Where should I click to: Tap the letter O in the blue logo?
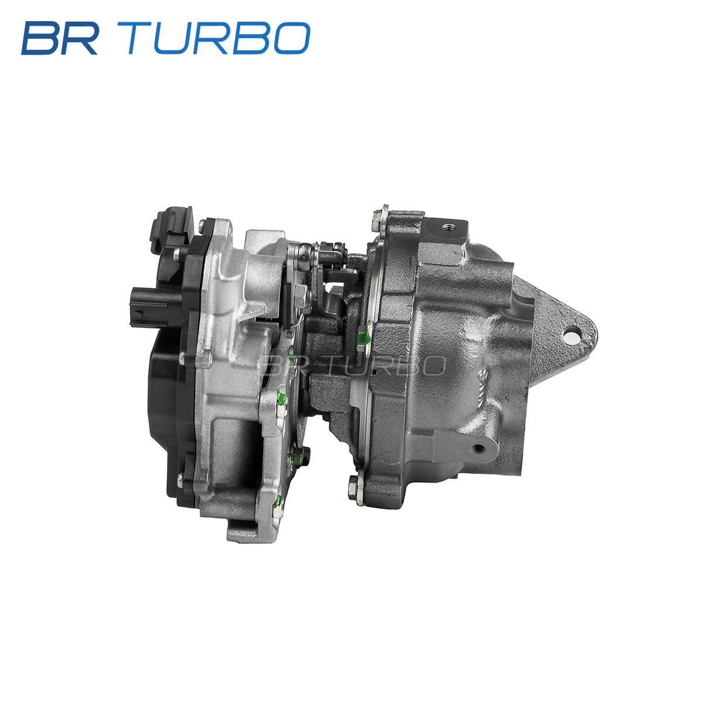[292, 38]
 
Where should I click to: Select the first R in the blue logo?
[80, 38]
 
